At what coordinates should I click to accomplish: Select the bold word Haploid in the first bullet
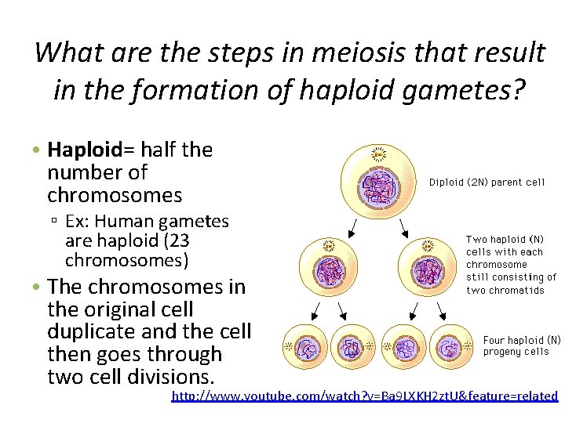point(82,150)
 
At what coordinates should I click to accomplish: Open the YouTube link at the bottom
point(364,396)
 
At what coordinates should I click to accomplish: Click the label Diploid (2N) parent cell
point(487,183)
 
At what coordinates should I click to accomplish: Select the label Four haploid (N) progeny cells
point(522,345)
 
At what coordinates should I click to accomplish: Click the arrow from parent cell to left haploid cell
point(354,227)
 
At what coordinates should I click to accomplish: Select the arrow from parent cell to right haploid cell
point(405,227)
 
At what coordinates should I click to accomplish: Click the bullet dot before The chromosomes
point(37,287)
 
